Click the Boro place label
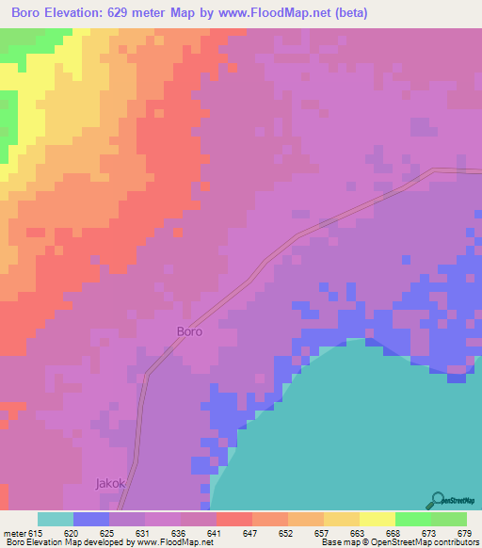pyautogui.click(x=189, y=331)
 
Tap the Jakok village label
pyautogui.click(x=109, y=483)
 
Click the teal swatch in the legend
pyautogui.click(x=56, y=519)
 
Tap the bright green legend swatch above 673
pyautogui.click(x=412, y=519)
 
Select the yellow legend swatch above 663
pyautogui.click(x=342, y=519)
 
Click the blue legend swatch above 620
pyautogui.click(x=91, y=519)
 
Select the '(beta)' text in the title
pyautogui.click(x=346, y=13)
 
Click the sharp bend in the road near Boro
pyautogui.click(x=149, y=374)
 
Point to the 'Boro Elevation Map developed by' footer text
pyautogui.click(x=61, y=542)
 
